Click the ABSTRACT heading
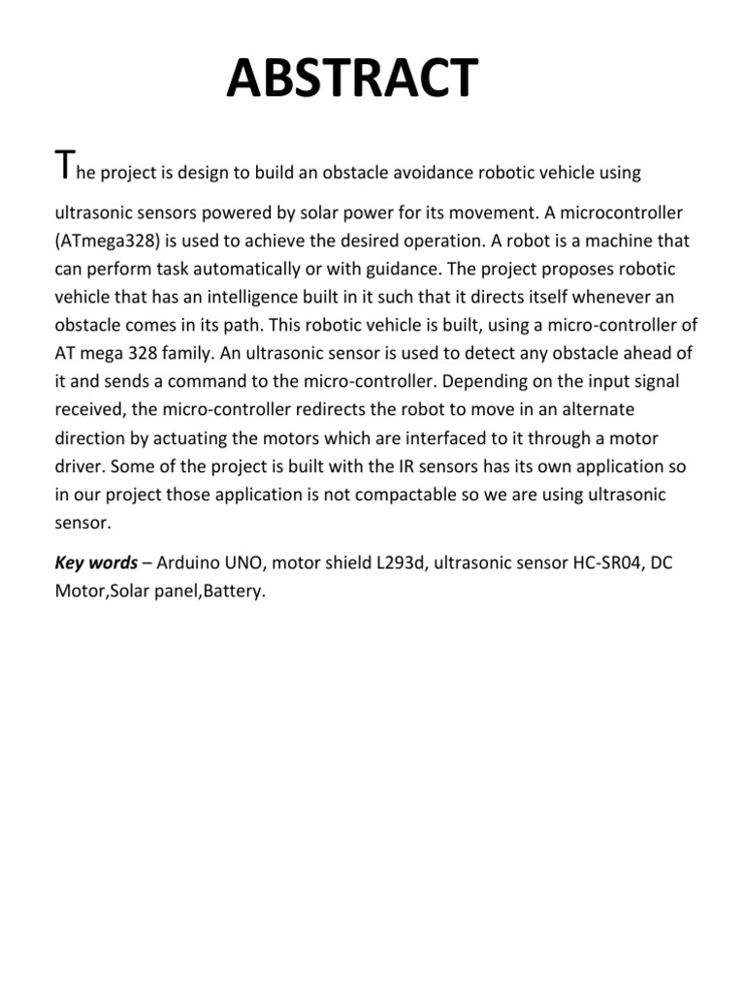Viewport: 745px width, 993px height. pyautogui.click(x=352, y=80)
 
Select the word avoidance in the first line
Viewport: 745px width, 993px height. pyautogui.click(x=433, y=173)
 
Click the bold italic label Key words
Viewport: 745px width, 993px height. pyautogui.click(x=95, y=563)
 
